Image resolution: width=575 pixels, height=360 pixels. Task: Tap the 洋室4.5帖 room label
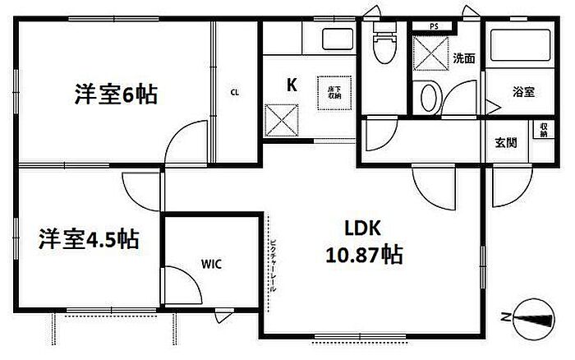click(x=88, y=239)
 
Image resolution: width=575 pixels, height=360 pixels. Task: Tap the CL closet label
click(x=235, y=92)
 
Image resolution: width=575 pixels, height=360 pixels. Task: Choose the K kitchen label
click(x=291, y=84)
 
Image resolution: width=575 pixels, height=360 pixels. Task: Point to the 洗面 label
click(x=463, y=58)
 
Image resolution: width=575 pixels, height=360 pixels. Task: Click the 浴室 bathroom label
click(x=523, y=92)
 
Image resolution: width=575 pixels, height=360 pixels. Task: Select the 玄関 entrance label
click(x=506, y=142)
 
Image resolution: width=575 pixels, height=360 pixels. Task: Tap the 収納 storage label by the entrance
click(x=544, y=131)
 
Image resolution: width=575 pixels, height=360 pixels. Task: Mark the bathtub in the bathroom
click(x=518, y=48)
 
